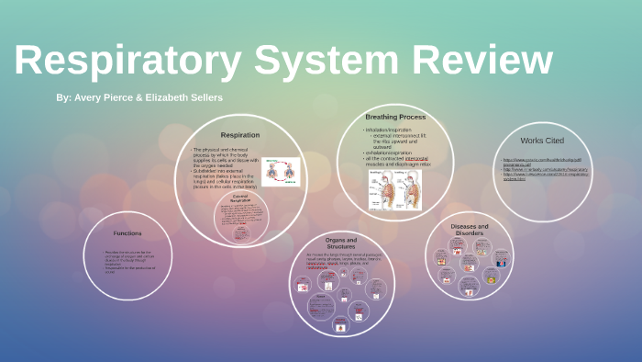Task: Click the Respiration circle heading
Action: click(x=240, y=134)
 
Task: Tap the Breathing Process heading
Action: click(x=395, y=117)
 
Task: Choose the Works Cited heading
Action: click(x=543, y=141)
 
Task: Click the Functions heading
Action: click(x=127, y=232)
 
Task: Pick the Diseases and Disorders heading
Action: click(x=469, y=229)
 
